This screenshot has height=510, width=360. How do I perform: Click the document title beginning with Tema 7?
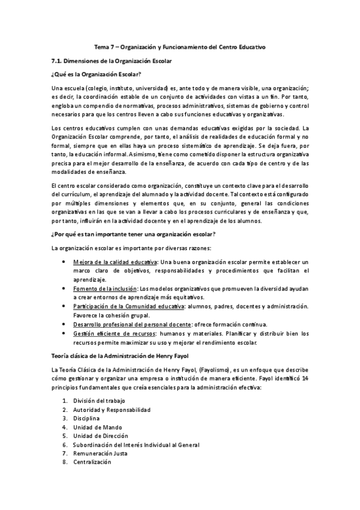tap(180, 46)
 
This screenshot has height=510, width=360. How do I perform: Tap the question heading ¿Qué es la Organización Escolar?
tap(96, 74)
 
